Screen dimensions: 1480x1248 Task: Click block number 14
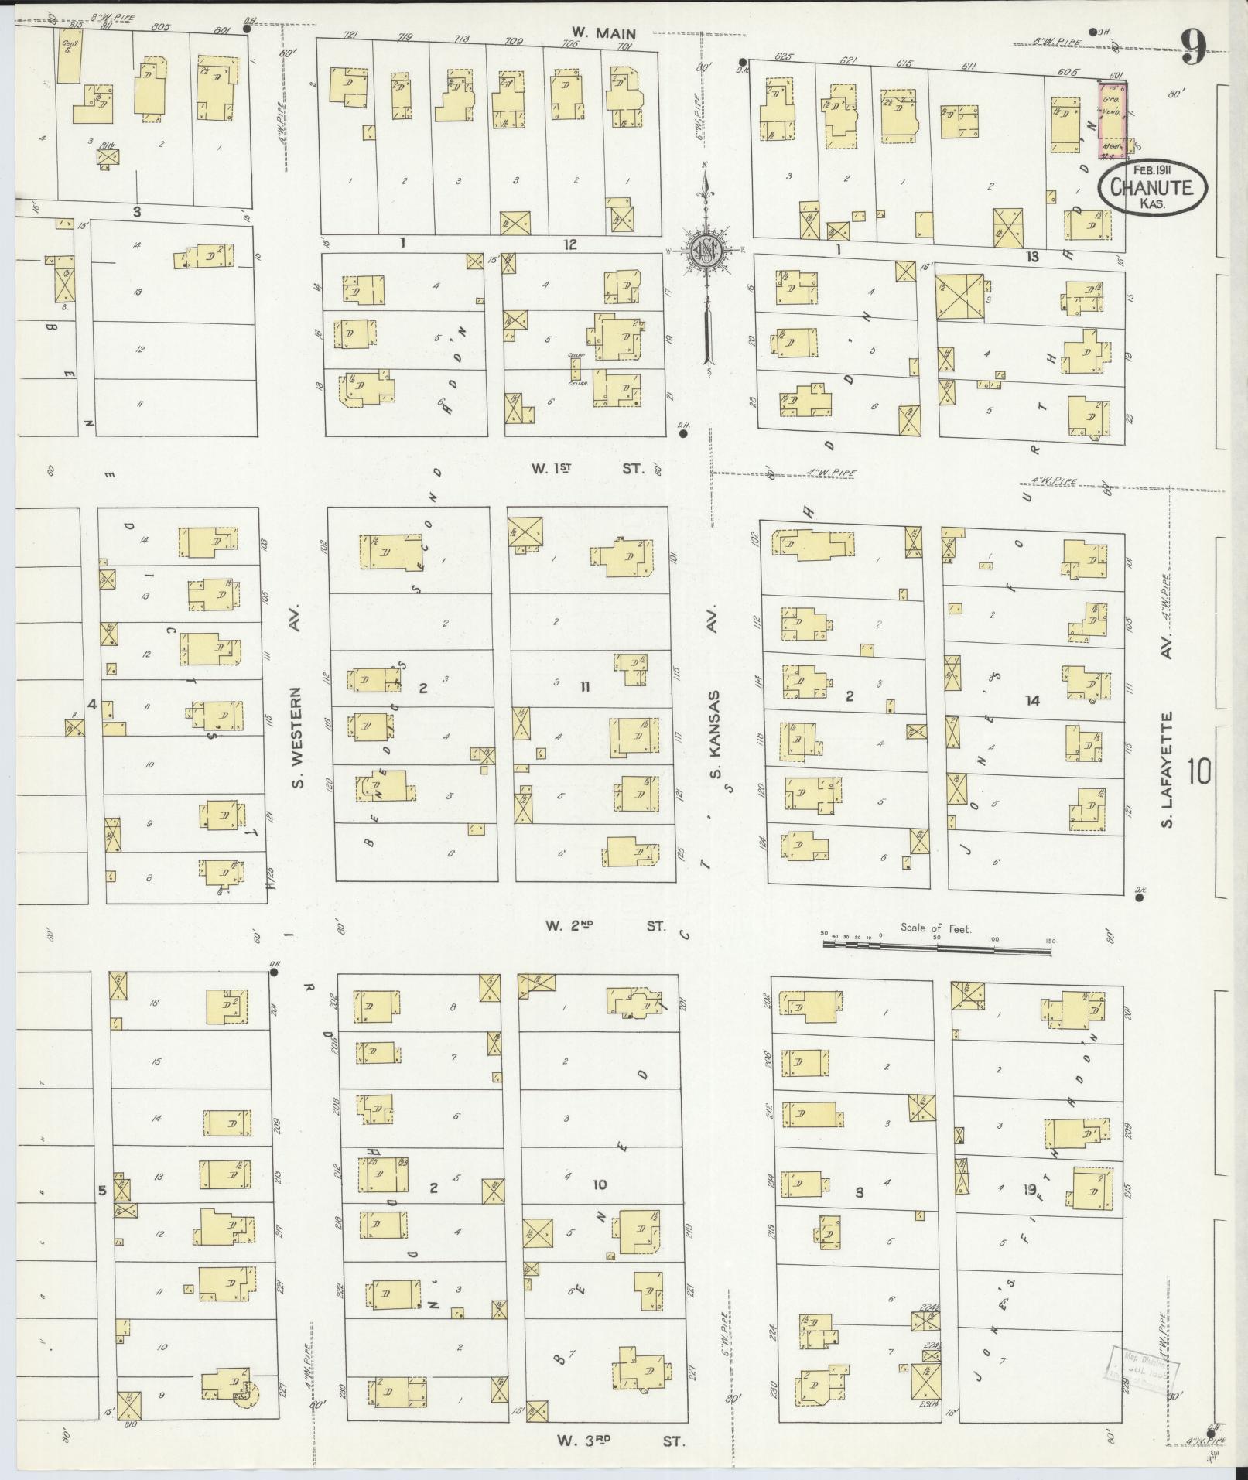(x=1031, y=701)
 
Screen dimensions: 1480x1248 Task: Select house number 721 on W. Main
(x=349, y=36)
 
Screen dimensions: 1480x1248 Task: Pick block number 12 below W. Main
(x=570, y=244)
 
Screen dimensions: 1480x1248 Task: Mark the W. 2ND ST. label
(x=604, y=925)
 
